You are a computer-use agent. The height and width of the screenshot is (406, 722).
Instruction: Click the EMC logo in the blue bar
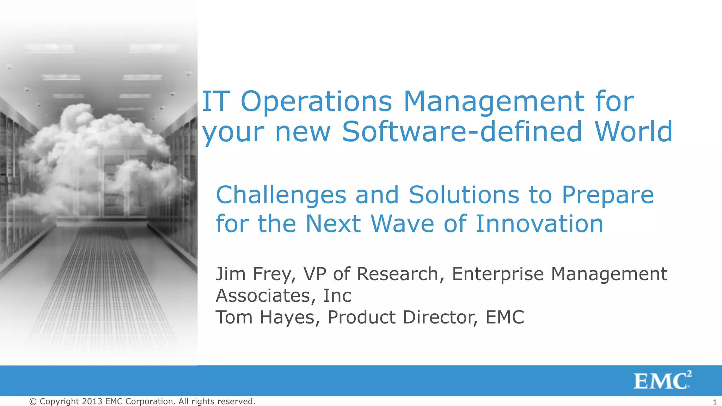662,381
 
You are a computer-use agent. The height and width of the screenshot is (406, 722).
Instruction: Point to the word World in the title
634,132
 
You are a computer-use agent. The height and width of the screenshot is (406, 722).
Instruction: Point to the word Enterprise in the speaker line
498,274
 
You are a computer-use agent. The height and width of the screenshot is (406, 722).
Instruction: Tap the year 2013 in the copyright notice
92,401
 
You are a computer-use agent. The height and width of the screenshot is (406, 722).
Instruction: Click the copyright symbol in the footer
33,402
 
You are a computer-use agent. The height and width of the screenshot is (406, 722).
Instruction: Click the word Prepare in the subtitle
607,196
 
